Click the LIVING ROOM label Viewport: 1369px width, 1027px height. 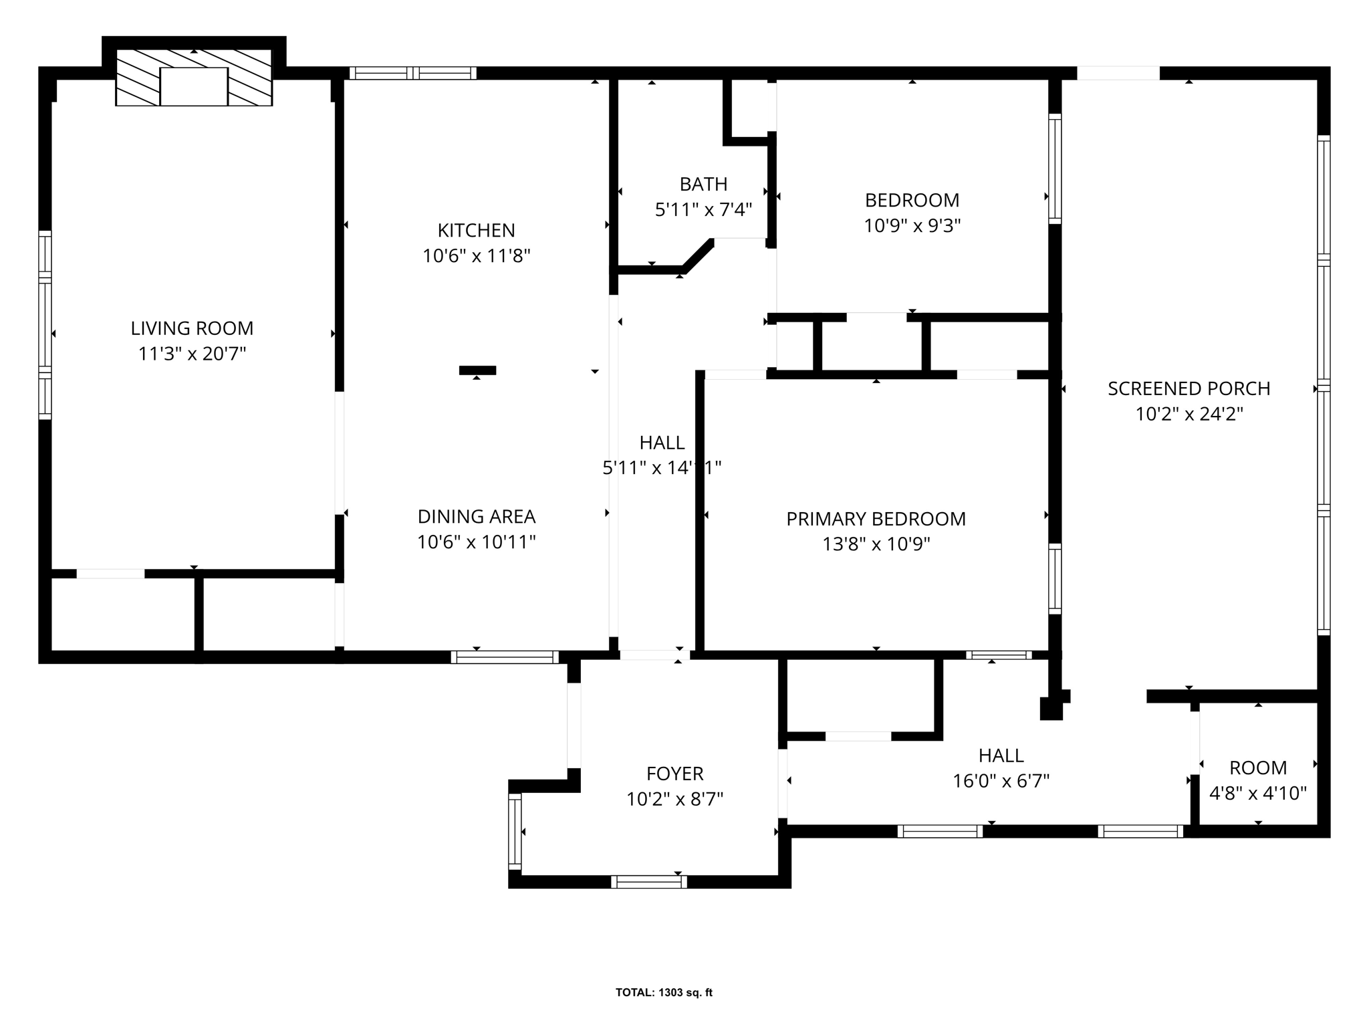click(192, 328)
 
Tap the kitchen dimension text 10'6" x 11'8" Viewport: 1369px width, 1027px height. click(476, 256)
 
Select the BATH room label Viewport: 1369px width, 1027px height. click(703, 184)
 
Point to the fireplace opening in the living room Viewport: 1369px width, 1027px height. click(194, 86)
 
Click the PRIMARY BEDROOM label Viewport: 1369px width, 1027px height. click(876, 519)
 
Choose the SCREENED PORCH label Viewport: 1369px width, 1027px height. click(1189, 388)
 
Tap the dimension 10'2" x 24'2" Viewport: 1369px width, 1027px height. click(1189, 415)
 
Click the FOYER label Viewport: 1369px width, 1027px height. click(674, 774)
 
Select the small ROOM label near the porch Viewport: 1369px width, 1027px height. click(1257, 768)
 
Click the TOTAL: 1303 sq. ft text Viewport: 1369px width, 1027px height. click(664, 993)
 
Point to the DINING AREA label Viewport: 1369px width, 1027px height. click(476, 517)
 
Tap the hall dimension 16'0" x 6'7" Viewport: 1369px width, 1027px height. click(1001, 781)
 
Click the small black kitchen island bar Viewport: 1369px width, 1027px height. click(477, 370)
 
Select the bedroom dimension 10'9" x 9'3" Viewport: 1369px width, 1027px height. click(912, 226)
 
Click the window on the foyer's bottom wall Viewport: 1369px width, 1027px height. click(648, 882)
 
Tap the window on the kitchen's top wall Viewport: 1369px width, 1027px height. click(412, 73)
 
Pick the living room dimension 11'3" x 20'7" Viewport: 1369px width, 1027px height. click(192, 354)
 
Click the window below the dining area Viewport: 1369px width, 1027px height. click(505, 657)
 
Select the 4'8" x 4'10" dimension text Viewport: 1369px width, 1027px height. click(1257, 794)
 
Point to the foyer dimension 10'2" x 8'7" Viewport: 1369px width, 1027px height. click(674, 800)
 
